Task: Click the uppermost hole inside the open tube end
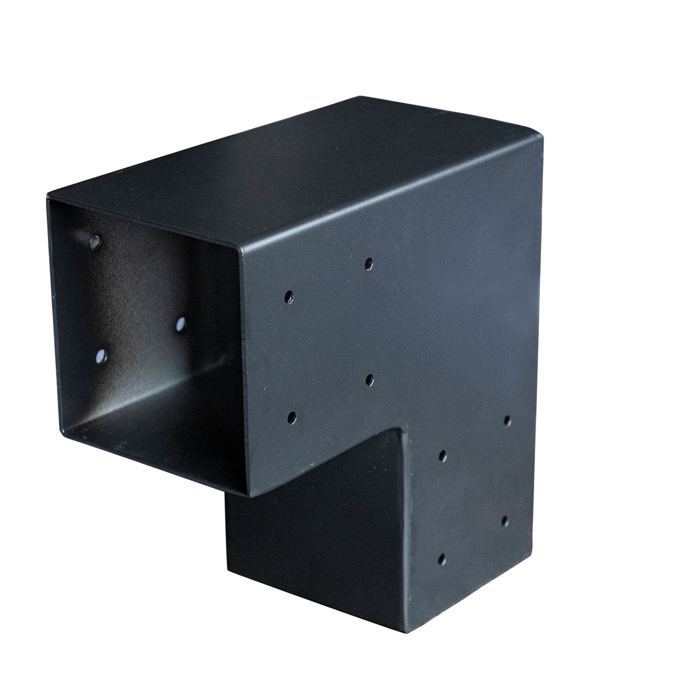(95, 242)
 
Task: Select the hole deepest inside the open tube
(181, 324)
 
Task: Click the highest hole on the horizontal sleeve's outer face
(368, 264)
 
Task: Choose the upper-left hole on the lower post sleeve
(442, 456)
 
